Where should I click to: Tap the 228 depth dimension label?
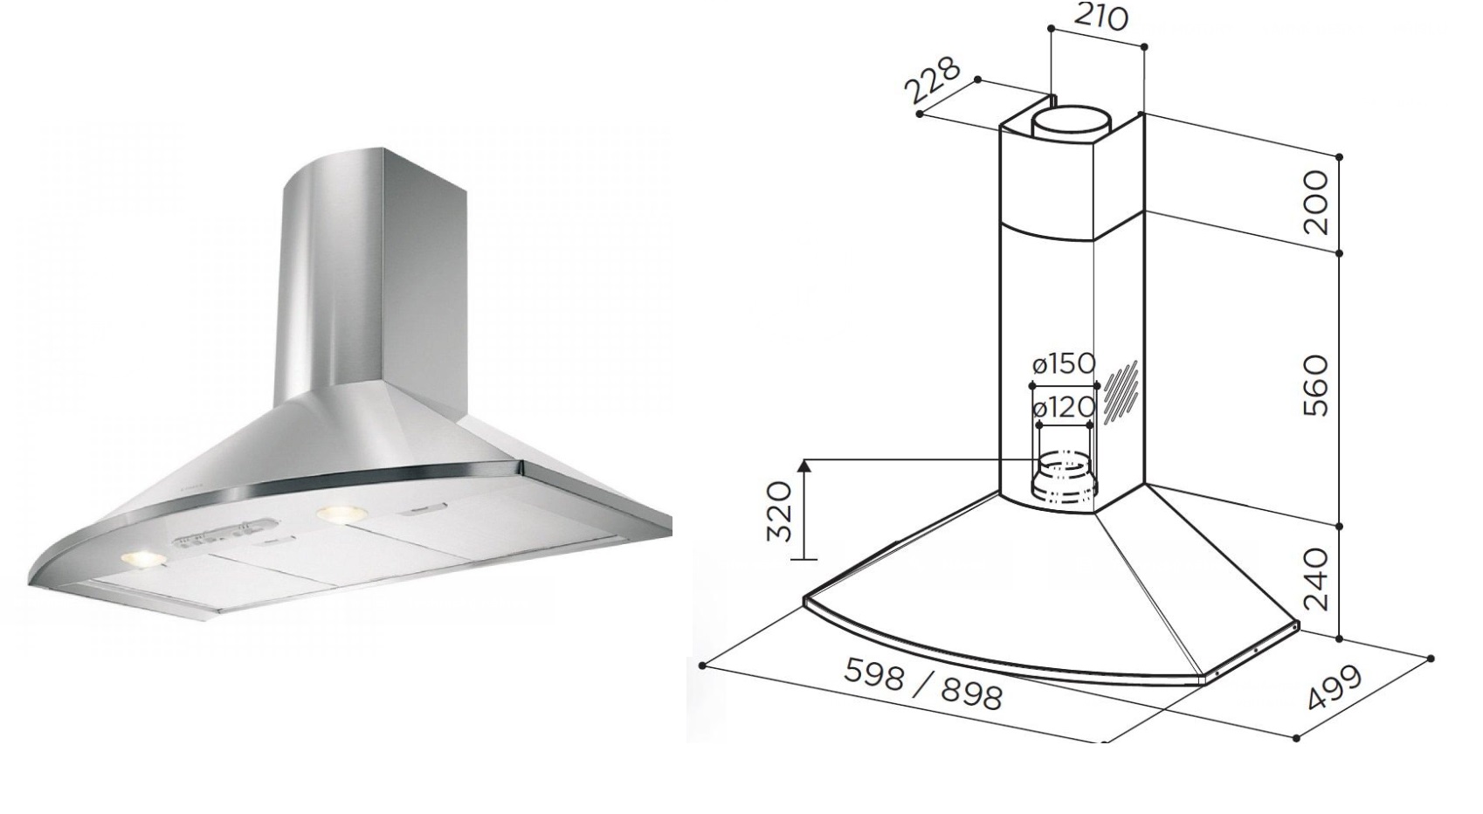coord(934,80)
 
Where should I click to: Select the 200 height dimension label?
coord(1313,203)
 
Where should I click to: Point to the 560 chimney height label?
coord(1313,385)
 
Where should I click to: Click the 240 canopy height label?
coord(1313,578)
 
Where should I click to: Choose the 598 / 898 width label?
coord(922,684)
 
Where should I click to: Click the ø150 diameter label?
coord(1063,363)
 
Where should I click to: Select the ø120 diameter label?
coord(1063,407)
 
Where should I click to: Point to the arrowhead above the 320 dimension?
coord(805,465)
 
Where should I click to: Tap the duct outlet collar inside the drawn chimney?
coord(1063,478)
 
